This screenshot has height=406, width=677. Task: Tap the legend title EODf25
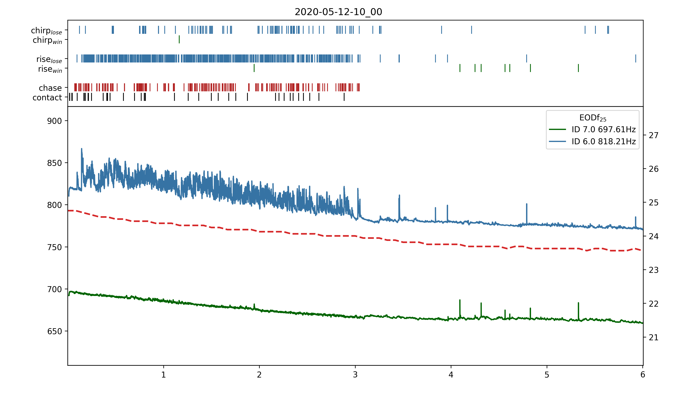[593, 118]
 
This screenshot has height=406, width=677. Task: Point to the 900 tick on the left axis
[54, 121]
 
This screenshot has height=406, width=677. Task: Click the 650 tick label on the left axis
[54, 331]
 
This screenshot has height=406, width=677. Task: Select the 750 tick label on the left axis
[54, 247]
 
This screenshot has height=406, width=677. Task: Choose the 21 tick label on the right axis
[653, 338]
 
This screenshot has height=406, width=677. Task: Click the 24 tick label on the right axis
[653, 236]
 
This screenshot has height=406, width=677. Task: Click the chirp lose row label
[46, 30]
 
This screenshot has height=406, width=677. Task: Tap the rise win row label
[50, 69]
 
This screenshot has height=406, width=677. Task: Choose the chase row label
[50, 88]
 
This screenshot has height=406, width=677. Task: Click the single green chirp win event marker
[179, 39]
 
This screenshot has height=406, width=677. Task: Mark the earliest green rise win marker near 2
[254, 68]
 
